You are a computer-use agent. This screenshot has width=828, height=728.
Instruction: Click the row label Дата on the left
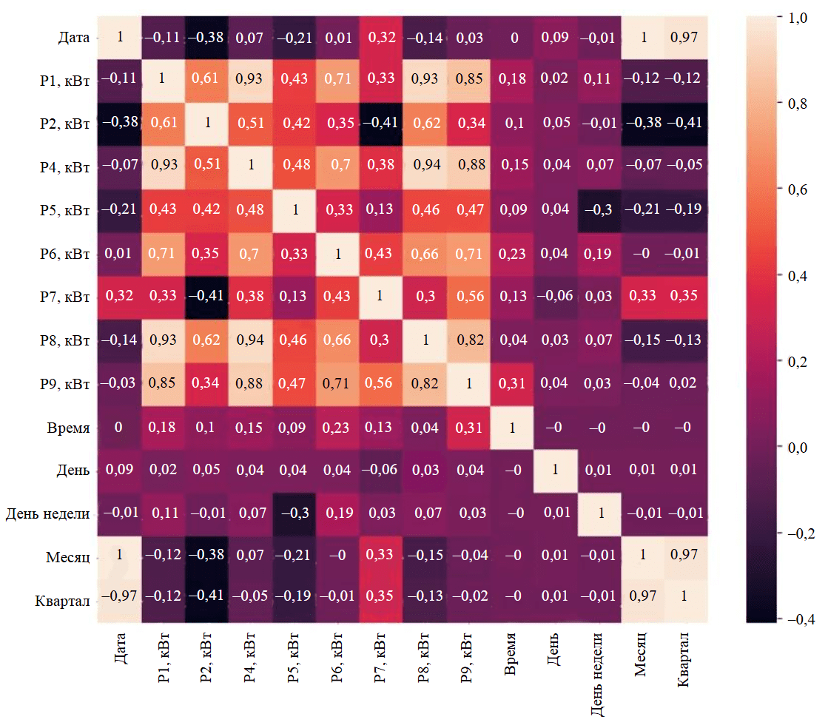point(72,37)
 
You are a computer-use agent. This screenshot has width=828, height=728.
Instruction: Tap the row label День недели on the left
point(48,514)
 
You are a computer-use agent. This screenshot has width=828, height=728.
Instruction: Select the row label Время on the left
point(67,428)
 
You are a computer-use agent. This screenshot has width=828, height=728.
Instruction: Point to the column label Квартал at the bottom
point(684,658)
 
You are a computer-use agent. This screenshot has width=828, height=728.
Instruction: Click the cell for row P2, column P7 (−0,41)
point(382,124)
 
